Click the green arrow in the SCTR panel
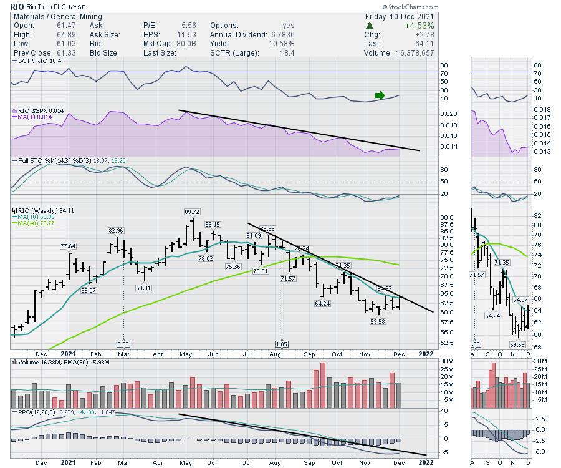pyautogui.click(x=380, y=95)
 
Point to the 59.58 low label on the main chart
pyautogui.click(x=378, y=321)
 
